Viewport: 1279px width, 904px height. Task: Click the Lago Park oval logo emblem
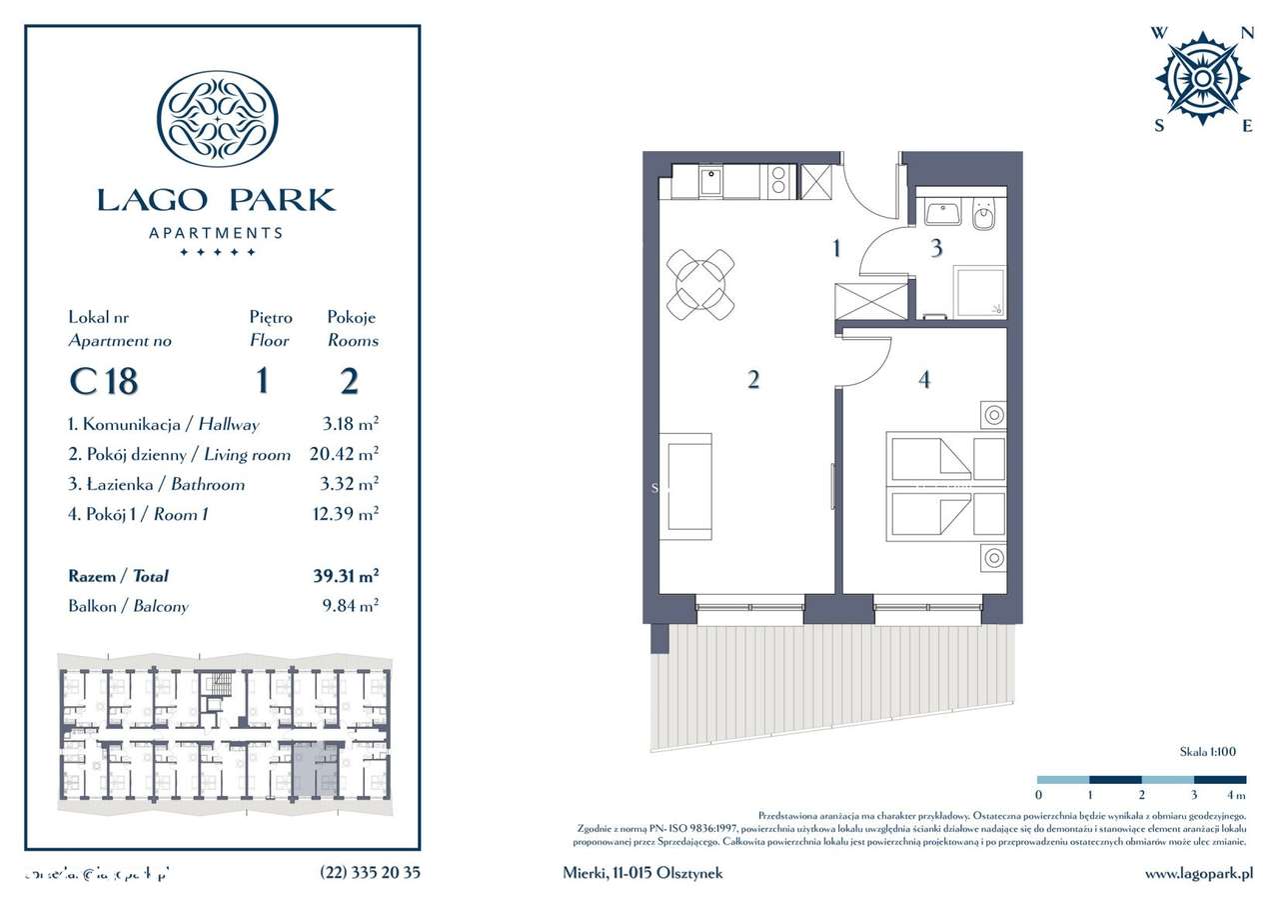[218, 118]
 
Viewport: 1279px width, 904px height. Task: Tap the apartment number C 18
[104, 381]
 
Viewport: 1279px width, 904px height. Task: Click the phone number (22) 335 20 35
[370, 872]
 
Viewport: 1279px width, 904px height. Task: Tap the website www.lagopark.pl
[1198, 872]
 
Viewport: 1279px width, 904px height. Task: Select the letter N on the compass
[1246, 32]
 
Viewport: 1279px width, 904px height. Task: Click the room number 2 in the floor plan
[753, 379]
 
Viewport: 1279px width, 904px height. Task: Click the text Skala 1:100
[1208, 751]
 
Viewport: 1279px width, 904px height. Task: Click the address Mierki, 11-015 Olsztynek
[642, 872]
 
